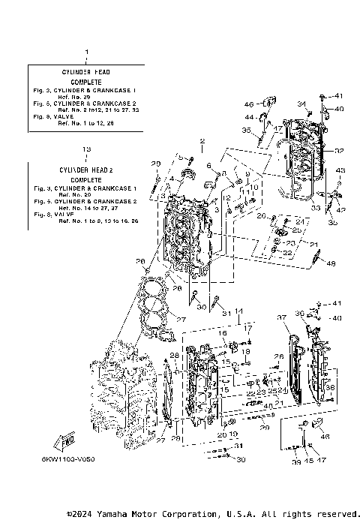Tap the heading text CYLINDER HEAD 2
tap(86, 171)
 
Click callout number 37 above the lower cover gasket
tap(283, 318)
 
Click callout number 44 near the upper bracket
tap(247, 117)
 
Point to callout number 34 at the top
tap(301, 104)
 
